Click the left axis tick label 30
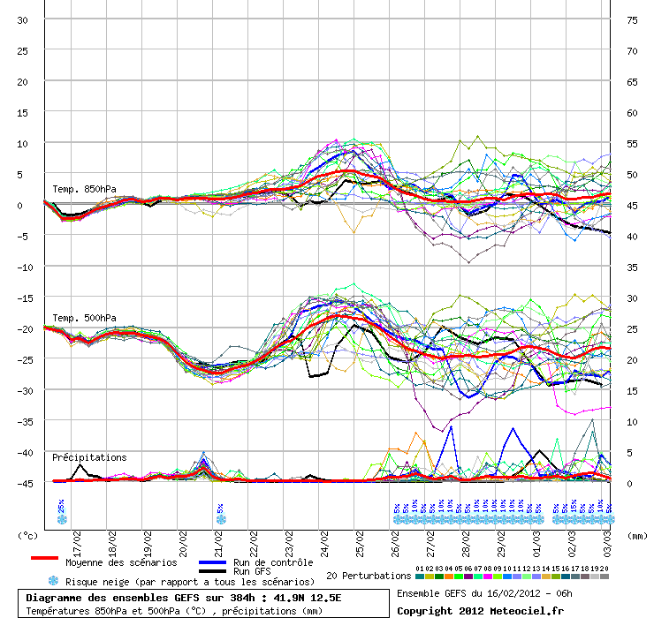23,19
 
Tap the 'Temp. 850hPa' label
84,189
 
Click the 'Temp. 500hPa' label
84,318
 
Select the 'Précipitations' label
89,457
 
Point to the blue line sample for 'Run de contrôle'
212,562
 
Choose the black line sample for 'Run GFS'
212,571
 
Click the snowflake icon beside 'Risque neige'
53,581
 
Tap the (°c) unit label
28,535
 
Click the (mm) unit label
635,535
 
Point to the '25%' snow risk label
61,506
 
